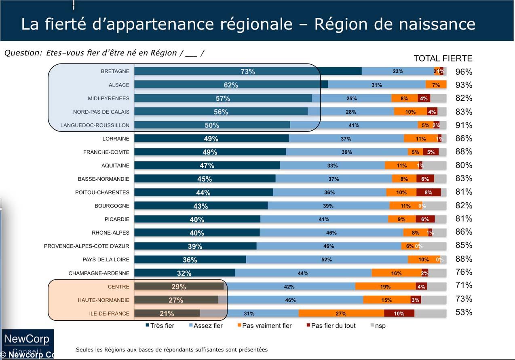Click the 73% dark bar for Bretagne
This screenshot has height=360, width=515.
247,72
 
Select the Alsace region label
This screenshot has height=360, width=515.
119,85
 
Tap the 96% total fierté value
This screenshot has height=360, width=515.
464,72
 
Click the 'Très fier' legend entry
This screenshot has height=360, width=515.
160,326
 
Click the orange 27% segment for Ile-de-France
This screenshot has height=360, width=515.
341,313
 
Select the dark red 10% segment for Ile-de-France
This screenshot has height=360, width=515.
399,313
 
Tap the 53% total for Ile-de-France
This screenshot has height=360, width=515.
464,312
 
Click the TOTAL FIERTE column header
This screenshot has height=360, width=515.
443,58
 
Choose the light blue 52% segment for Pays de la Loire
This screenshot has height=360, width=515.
327,260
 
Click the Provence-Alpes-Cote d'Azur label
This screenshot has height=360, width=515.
87,246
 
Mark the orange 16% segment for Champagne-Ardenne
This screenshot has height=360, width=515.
396,273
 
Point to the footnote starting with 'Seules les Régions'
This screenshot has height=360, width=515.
171,349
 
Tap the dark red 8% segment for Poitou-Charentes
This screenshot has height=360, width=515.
428,193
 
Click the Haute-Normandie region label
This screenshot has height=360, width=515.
103,300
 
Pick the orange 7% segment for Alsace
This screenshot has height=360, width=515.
436,85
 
